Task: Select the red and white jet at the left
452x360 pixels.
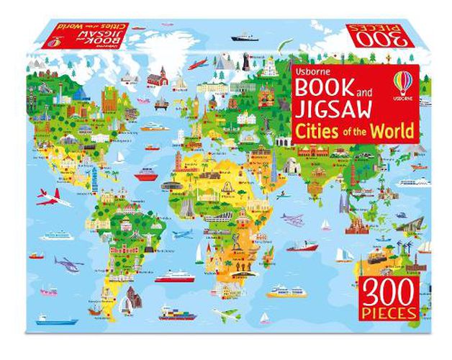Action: (x=53, y=198)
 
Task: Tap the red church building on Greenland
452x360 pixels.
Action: (x=159, y=76)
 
